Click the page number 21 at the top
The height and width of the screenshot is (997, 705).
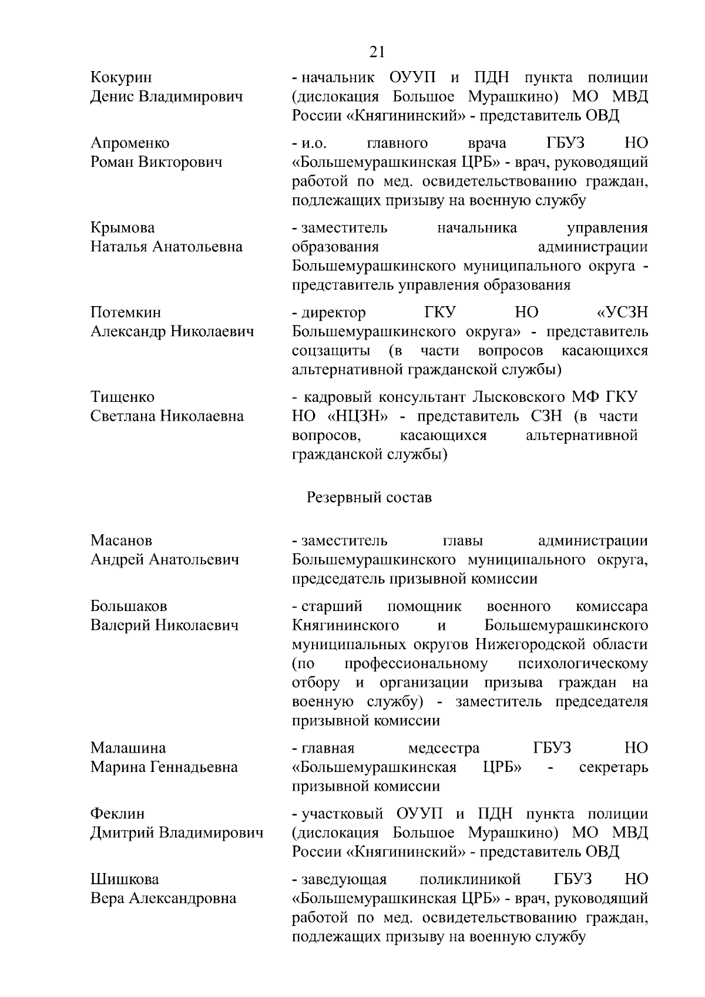click(377, 52)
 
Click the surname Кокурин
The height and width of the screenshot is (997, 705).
click(121, 78)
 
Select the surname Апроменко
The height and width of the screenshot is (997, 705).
click(130, 143)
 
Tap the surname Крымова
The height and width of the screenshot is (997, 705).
click(123, 228)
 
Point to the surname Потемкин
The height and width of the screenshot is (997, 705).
click(126, 313)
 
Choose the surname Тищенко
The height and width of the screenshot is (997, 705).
click(123, 397)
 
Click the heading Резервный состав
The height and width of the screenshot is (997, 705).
click(369, 498)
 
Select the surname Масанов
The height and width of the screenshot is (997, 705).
click(121, 541)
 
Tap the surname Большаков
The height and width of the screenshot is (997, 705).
click(129, 606)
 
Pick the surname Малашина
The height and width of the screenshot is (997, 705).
click(128, 748)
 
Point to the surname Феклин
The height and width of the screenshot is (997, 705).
click(117, 814)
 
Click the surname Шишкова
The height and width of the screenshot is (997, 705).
click(125, 880)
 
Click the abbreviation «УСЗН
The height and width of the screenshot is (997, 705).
click(622, 313)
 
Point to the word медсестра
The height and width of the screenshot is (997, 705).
click(444, 748)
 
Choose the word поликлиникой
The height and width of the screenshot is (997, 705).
click(471, 880)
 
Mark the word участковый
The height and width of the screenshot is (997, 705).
click(342, 814)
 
